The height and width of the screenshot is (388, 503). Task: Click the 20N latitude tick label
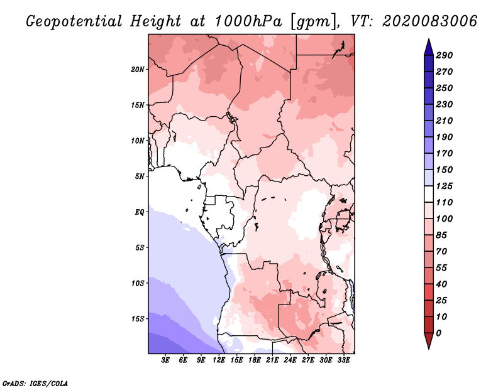[138, 69]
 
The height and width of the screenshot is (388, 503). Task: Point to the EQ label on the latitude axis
[140, 212]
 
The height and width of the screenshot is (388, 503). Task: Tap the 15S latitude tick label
[138, 319]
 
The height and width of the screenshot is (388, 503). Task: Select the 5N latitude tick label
[140, 176]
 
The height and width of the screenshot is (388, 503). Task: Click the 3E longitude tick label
[165, 360]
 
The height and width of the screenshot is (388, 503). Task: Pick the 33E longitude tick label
[343, 360]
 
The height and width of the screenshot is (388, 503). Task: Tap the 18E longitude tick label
[255, 360]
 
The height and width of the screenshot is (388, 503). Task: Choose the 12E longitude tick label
[219, 360]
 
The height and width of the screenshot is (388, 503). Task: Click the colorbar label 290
[444, 55]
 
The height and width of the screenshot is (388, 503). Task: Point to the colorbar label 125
[444, 186]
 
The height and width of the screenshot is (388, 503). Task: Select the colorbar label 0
[438, 333]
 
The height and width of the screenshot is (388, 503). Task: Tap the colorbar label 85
[441, 235]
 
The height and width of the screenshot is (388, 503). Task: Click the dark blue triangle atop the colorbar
[429, 48]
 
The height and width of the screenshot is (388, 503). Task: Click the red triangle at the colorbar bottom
[429, 340]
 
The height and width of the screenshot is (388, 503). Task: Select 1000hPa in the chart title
[248, 21]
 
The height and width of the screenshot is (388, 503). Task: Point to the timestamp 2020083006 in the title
[430, 21]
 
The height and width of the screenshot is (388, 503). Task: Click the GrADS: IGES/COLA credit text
[35, 383]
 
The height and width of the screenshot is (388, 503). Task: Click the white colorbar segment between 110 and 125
[429, 194]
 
